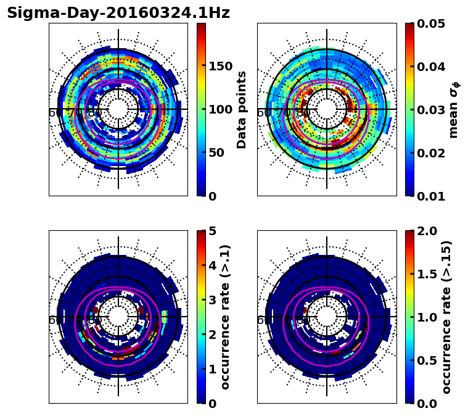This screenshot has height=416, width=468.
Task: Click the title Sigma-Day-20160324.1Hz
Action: pyautogui.click(x=118, y=13)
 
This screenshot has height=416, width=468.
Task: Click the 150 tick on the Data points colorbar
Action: pyautogui.click(x=220, y=67)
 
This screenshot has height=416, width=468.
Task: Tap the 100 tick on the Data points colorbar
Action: pyautogui.click(x=220, y=110)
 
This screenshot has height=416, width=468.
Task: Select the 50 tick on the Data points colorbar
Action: pyautogui.click(x=216, y=153)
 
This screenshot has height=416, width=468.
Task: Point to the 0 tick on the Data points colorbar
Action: pyautogui.click(x=212, y=196)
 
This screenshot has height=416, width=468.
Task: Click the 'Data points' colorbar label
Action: pyautogui.click(x=242, y=110)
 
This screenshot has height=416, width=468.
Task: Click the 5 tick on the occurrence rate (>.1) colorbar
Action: pyautogui.click(x=212, y=231)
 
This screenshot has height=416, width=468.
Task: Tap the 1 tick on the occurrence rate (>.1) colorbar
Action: pyautogui.click(x=212, y=369)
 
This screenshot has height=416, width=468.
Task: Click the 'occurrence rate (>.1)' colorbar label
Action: pyautogui.click(x=226, y=317)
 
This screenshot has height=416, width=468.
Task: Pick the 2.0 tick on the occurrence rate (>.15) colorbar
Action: pyautogui.click(x=426, y=231)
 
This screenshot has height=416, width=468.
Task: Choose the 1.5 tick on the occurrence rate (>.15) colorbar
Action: pyautogui.click(x=426, y=274)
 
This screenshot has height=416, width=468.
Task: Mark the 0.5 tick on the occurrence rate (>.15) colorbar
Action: pyautogui.click(x=426, y=360)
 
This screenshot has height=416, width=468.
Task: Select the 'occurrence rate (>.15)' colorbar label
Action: pyautogui.click(x=446, y=317)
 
